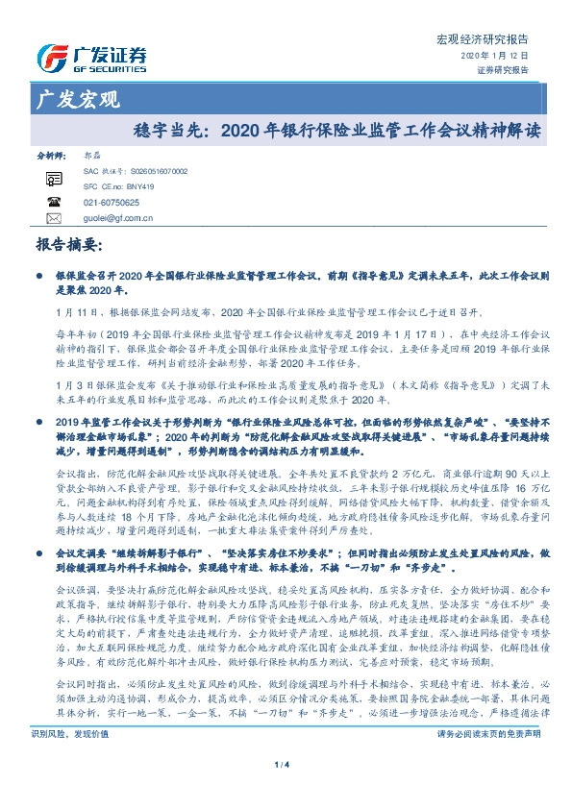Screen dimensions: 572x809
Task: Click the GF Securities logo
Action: click(x=90, y=57)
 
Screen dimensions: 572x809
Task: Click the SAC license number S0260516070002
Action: click(x=154, y=170)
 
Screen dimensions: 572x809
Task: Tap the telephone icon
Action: click(x=53, y=202)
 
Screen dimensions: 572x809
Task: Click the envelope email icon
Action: click(x=53, y=218)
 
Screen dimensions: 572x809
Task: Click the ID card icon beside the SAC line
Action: click(x=53, y=178)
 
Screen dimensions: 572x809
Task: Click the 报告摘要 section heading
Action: click(x=67, y=245)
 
